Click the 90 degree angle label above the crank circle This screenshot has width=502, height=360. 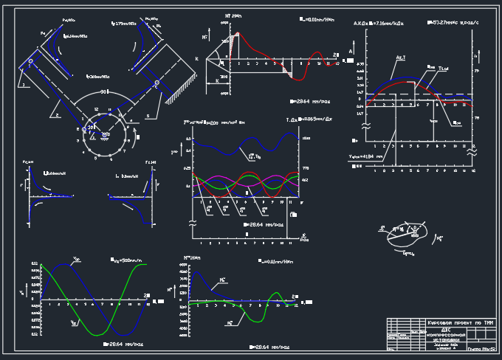tap(104, 91)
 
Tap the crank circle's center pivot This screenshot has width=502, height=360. tap(104, 135)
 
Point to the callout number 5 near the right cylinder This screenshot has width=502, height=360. tap(146, 115)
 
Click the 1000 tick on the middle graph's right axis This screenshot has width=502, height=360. tap(306, 139)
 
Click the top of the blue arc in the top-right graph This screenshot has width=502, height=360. tap(402, 77)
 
